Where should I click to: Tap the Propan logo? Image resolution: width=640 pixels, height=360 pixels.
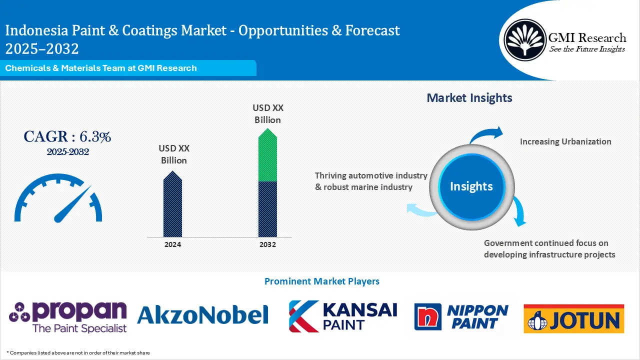68,316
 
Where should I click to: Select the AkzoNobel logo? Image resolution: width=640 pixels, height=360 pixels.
202,314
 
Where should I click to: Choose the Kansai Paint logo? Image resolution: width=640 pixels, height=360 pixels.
343,316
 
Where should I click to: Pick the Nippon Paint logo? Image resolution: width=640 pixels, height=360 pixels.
461,316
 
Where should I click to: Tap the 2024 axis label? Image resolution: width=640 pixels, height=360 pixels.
172,244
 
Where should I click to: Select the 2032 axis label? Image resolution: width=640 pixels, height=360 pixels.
267,244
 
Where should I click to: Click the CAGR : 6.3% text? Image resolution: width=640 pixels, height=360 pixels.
67,136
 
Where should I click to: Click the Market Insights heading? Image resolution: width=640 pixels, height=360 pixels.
469,98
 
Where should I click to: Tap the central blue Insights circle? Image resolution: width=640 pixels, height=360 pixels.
471,186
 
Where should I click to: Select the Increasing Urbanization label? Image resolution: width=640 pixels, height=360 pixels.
565,141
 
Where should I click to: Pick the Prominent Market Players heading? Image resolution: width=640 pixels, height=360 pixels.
321,281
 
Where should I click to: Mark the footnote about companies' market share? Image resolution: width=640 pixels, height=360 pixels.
78,352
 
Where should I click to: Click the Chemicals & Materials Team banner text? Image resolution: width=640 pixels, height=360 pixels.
101,68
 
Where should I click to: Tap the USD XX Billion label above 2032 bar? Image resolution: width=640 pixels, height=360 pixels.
267,113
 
